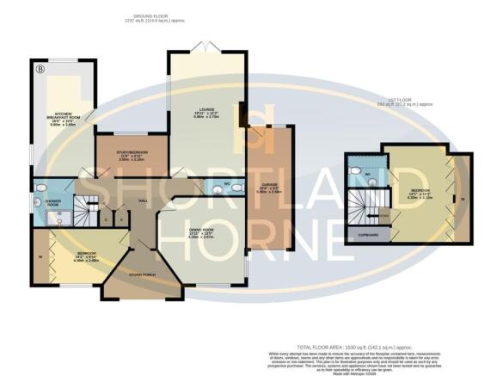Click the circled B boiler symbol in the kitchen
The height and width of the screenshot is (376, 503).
[x=38, y=66]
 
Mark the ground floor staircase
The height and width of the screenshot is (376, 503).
[x=83, y=207]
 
